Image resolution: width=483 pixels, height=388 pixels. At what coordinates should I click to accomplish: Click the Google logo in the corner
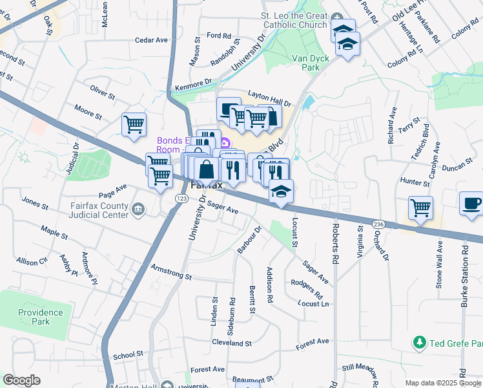(x=21, y=380)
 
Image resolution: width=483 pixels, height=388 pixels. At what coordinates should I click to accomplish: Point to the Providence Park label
(x=40, y=317)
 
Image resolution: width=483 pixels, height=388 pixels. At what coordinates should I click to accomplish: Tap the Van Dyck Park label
(x=307, y=63)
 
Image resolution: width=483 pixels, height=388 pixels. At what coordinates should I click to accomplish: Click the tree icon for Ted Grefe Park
(x=420, y=341)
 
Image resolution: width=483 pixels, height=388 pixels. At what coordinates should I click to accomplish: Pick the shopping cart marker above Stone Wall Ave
(x=420, y=208)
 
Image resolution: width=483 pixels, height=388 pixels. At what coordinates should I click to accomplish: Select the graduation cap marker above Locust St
(x=282, y=191)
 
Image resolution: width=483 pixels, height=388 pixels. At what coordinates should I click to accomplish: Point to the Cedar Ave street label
(x=151, y=40)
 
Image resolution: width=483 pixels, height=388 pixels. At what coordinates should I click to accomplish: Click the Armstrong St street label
(x=171, y=272)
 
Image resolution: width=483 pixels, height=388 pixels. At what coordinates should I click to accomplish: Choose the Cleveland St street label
(x=231, y=343)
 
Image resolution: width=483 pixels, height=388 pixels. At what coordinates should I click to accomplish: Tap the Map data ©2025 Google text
(x=442, y=383)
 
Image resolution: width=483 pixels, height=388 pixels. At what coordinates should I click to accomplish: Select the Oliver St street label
(x=102, y=92)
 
